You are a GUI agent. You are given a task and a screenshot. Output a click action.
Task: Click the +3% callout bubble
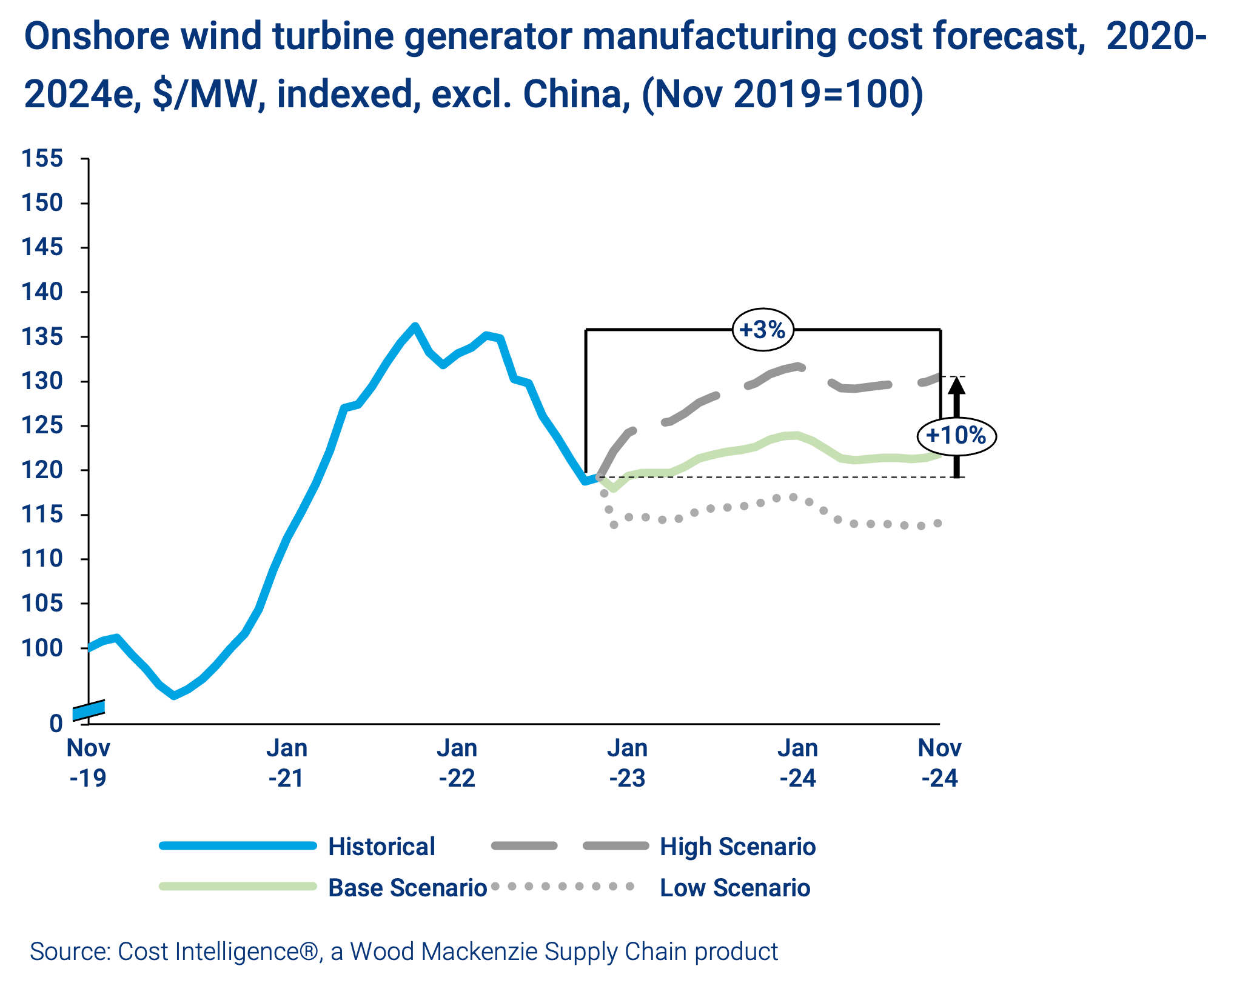763,330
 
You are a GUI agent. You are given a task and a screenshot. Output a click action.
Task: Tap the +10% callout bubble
956,436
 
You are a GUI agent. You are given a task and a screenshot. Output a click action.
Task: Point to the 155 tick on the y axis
42,159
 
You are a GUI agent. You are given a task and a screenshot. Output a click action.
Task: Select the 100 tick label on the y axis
42,648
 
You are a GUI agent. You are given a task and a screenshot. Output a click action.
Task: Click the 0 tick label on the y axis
56,724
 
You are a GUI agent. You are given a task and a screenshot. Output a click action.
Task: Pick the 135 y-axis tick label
42,336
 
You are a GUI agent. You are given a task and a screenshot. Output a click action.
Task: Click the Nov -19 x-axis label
89,763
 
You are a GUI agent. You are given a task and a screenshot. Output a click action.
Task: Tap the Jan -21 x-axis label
287,763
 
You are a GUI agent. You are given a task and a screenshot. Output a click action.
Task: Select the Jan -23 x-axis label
628,763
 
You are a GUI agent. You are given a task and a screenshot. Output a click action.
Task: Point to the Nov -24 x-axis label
939,763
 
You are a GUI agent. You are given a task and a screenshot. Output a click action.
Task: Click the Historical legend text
381,847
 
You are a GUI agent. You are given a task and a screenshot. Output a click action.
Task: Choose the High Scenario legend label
737,847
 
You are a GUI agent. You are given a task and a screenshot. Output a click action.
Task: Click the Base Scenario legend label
407,888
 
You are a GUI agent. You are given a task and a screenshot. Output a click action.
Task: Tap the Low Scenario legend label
735,888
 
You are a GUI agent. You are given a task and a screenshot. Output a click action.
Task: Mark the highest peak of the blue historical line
415,326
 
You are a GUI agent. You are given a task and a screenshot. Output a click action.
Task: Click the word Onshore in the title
97,36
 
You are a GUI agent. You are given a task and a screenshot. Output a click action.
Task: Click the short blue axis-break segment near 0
89,710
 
